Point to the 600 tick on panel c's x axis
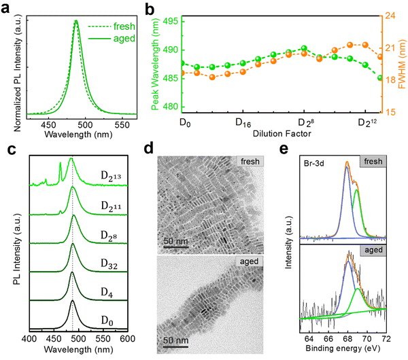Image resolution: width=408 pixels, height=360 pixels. [x=128, y=338]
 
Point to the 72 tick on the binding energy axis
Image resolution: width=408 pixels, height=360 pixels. [x=388, y=338]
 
